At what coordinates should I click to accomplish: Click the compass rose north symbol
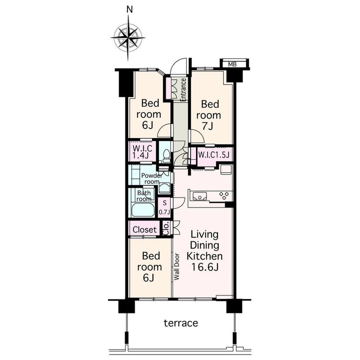tap(128, 38)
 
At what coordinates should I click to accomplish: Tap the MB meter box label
tap(232, 64)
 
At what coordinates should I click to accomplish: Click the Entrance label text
tap(183, 90)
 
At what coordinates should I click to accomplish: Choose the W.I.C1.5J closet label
tap(213, 155)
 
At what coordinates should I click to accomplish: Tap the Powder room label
tap(151, 179)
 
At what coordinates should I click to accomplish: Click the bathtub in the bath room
tap(143, 210)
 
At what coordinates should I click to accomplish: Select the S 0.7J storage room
tap(165, 208)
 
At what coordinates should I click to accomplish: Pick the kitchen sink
tap(200, 196)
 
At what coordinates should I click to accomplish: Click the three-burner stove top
tap(224, 195)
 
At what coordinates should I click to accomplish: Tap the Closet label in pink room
tap(145, 230)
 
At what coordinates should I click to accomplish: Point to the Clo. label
tap(166, 228)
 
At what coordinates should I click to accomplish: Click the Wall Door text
tap(176, 266)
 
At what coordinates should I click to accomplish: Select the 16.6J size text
tap(204, 267)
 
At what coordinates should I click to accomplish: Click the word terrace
tap(181, 323)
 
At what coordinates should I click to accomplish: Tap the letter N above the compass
tap(130, 9)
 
